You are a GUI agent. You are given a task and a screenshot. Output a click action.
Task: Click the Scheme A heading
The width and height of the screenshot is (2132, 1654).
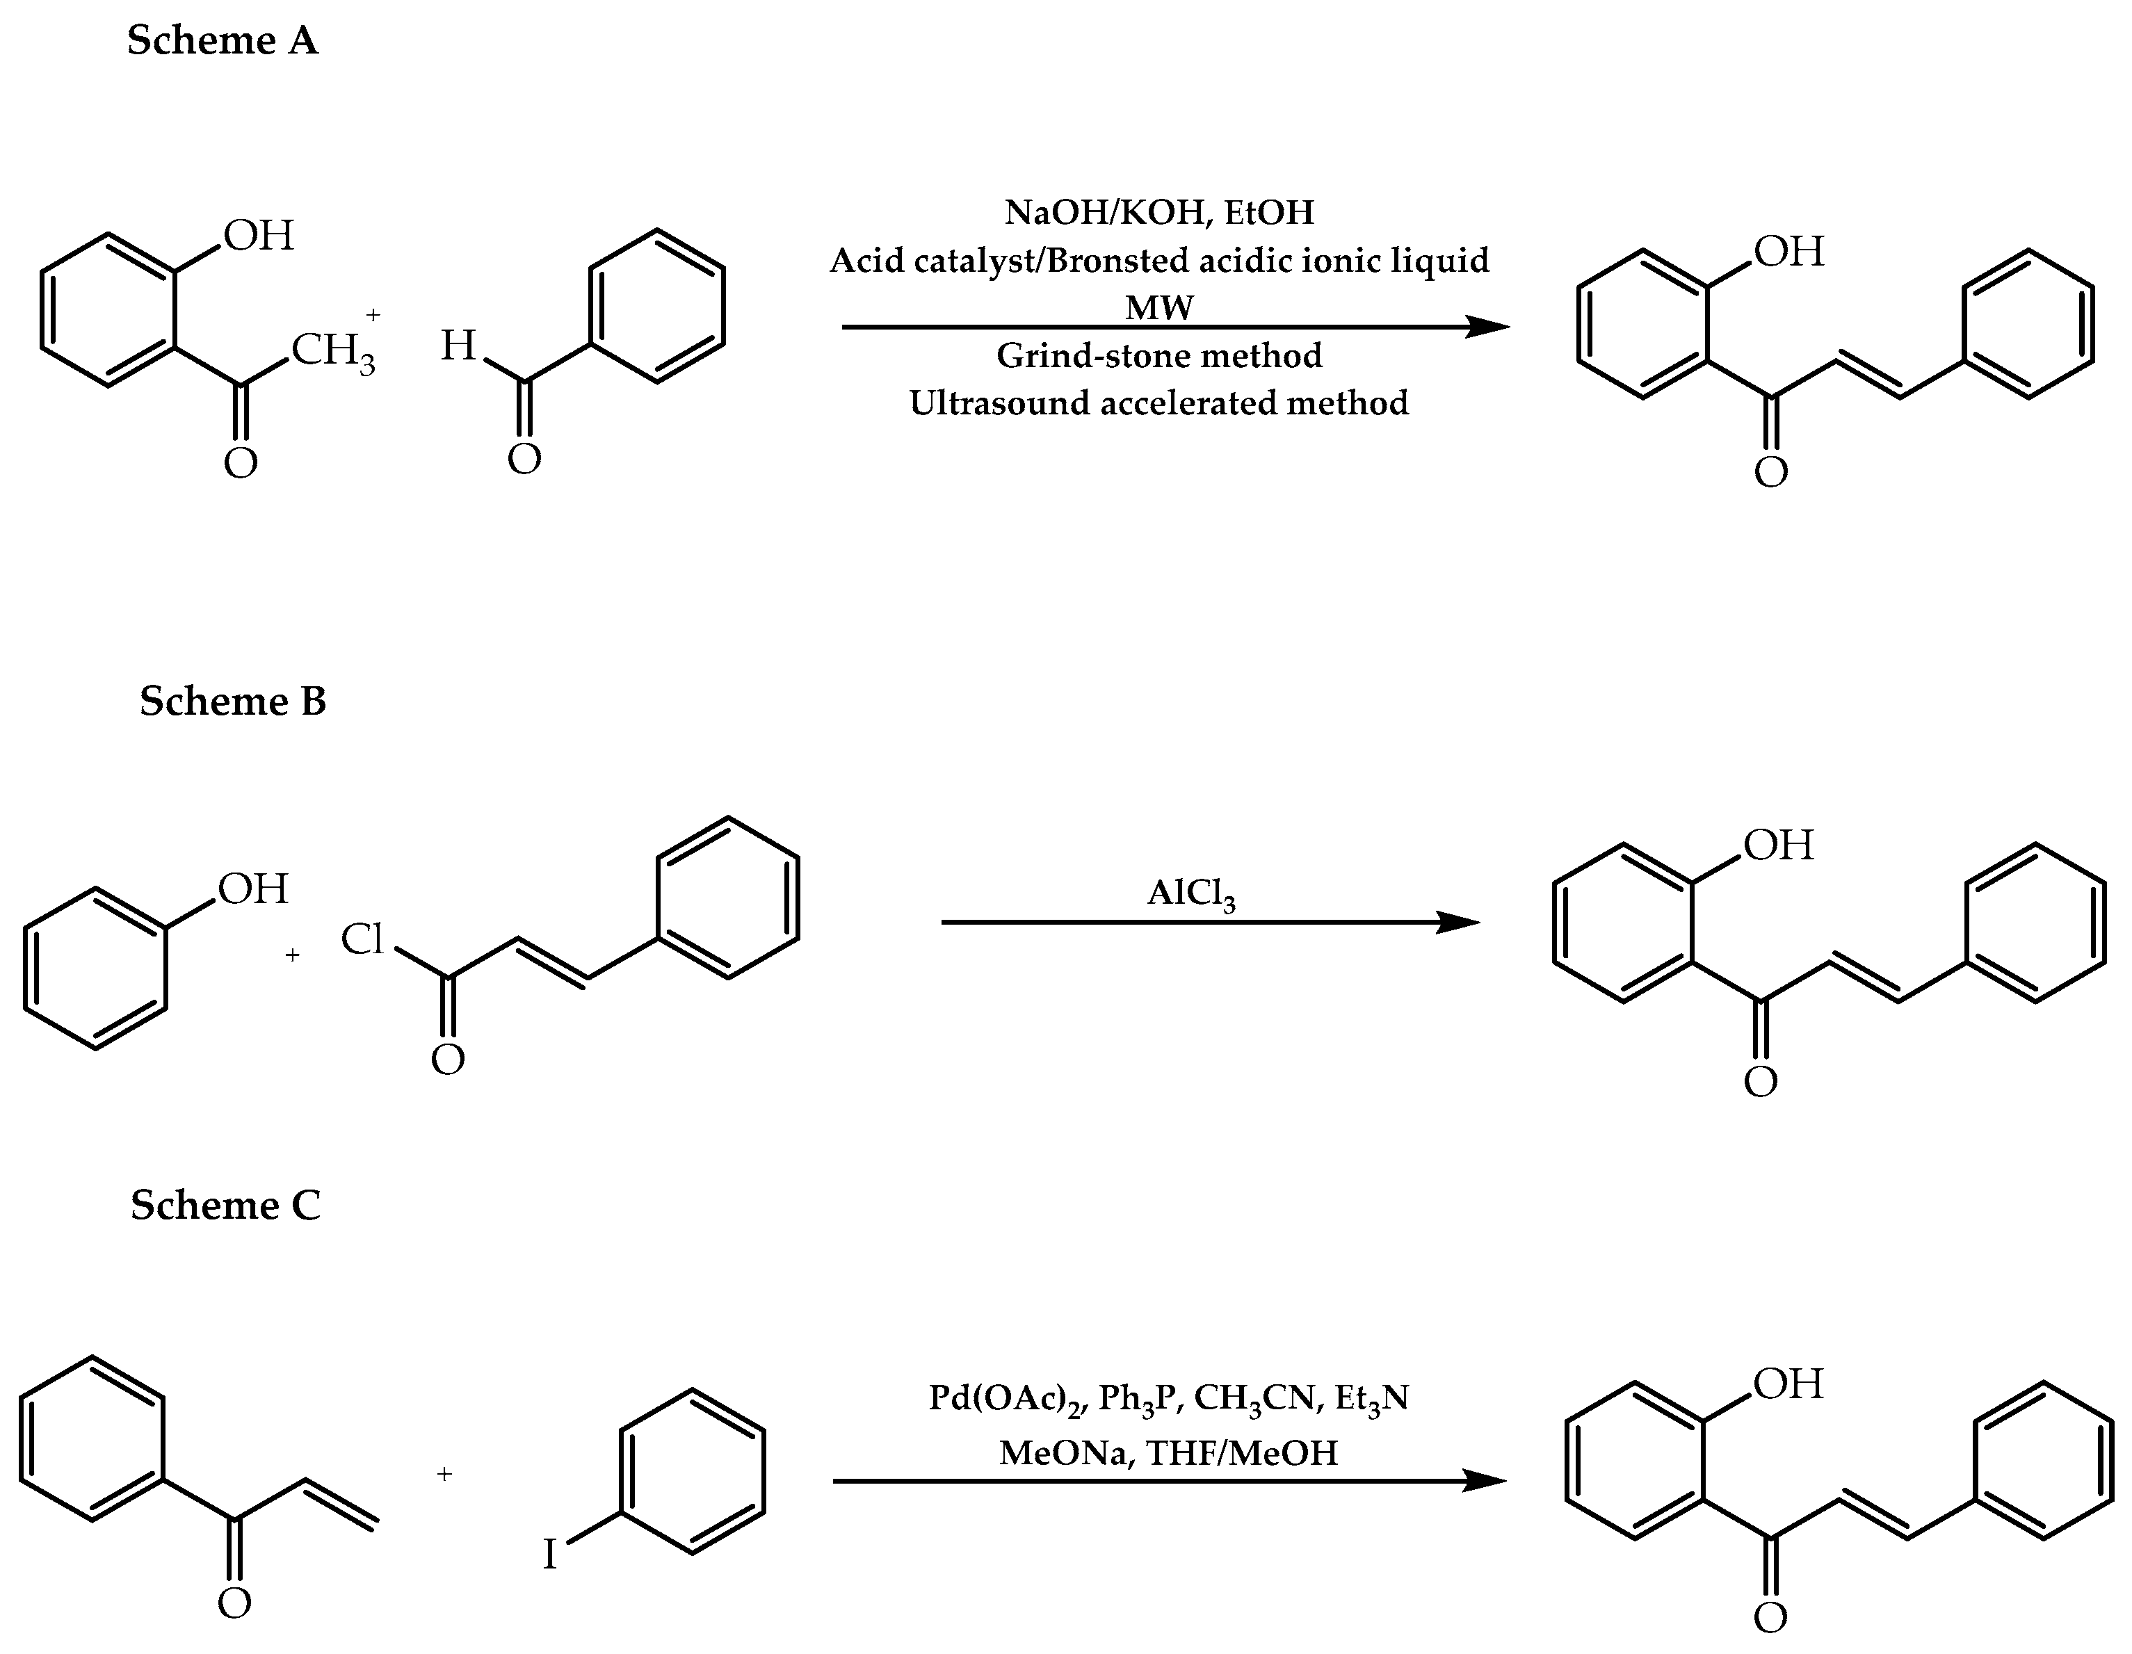pos(223,41)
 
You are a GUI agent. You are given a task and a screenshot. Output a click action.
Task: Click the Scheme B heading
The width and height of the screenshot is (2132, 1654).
pos(232,702)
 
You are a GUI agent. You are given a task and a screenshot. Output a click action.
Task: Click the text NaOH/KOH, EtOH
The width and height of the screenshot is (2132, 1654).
pos(1158,212)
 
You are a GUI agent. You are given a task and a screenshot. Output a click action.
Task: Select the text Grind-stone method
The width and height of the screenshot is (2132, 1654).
pos(1158,355)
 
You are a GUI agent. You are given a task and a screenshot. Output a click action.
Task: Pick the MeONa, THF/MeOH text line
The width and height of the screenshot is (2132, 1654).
pos(1168,1453)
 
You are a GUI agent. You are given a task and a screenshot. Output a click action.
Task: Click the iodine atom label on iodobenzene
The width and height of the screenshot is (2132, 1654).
pos(549,1555)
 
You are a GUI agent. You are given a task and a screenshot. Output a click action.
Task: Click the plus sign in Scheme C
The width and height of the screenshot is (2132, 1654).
pos(444,1473)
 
